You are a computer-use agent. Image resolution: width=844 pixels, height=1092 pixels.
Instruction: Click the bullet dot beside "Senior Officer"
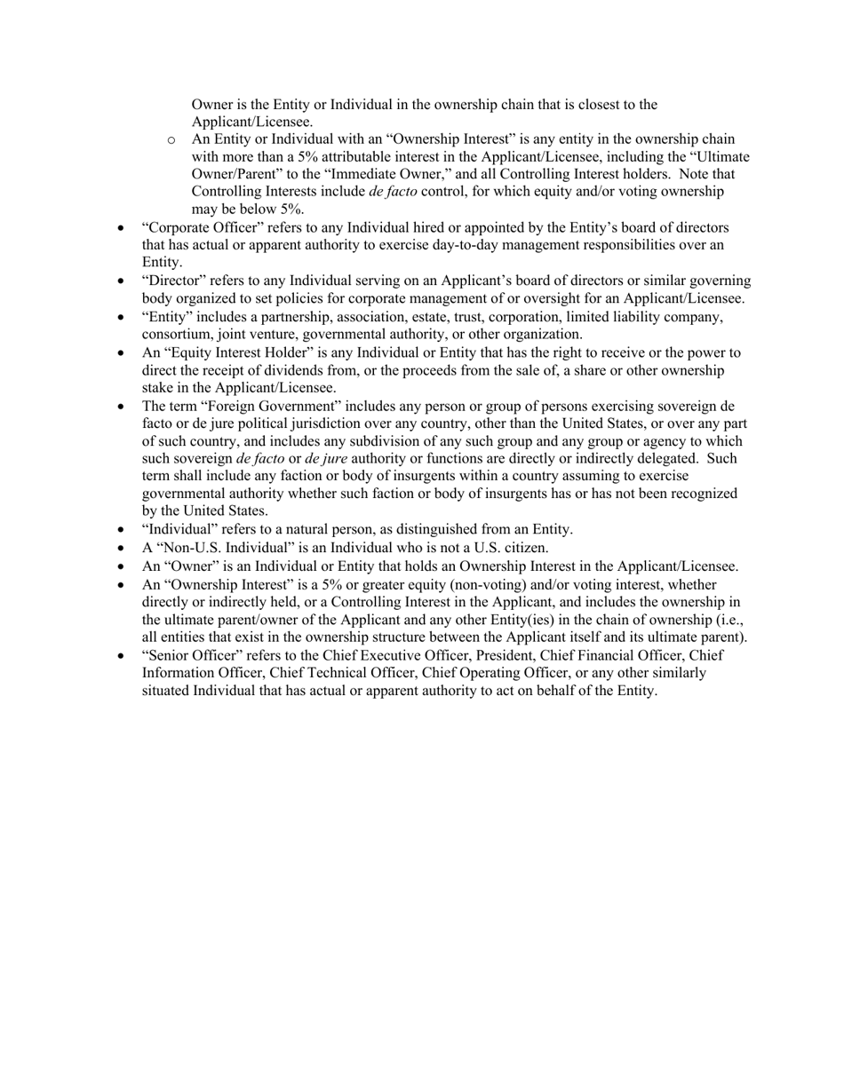122,656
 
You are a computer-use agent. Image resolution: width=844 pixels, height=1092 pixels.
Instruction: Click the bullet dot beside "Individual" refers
122,531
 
